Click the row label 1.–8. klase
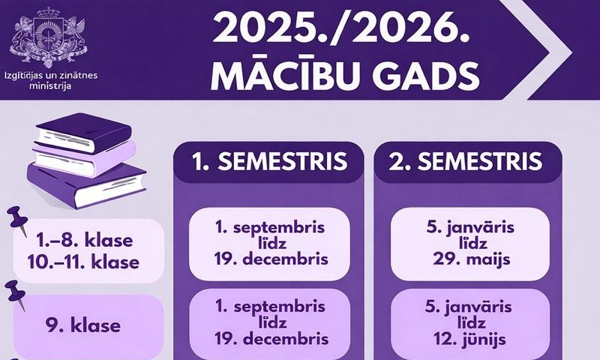click(x=84, y=241)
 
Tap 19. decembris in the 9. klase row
click(x=270, y=339)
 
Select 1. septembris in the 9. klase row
click(x=270, y=306)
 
